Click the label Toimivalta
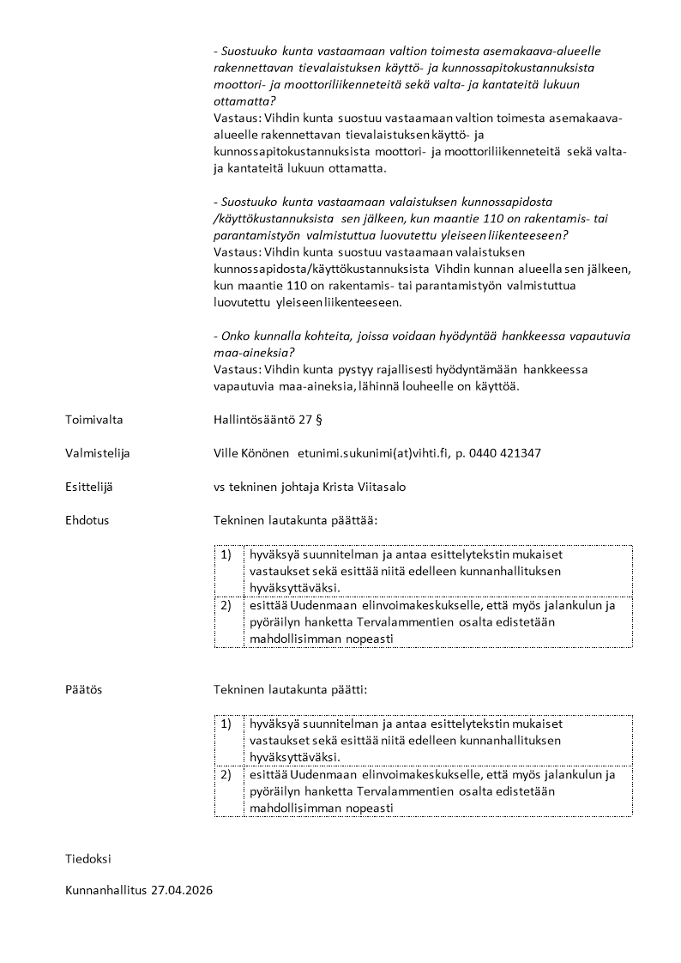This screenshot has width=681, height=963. (x=93, y=420)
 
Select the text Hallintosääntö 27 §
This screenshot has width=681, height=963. (x=268, y=420)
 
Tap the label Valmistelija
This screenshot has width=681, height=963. (x=98, y=453)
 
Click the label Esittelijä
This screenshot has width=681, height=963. (x=89, y=487)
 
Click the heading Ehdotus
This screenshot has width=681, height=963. (x=87, y=520)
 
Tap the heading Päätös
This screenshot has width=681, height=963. (x=83, y=689)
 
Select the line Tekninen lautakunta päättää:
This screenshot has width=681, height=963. (x=295, y=520)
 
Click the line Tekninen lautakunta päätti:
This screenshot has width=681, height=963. (x=291, y=689)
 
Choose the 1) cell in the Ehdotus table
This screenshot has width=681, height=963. (x=226, y=554)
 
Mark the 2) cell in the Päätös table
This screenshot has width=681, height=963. (x=226, y=775)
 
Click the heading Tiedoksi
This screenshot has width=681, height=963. (x=88, y=858)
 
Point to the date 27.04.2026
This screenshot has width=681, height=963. (x=182, y=891)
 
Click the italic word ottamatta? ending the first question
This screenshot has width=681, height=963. (x=244, y=100)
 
